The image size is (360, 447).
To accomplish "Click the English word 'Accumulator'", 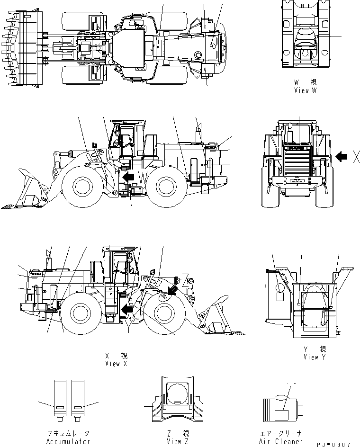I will (68, 441).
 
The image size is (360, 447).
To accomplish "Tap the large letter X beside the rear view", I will (355, 156).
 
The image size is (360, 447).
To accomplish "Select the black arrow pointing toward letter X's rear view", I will (341, 155).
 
